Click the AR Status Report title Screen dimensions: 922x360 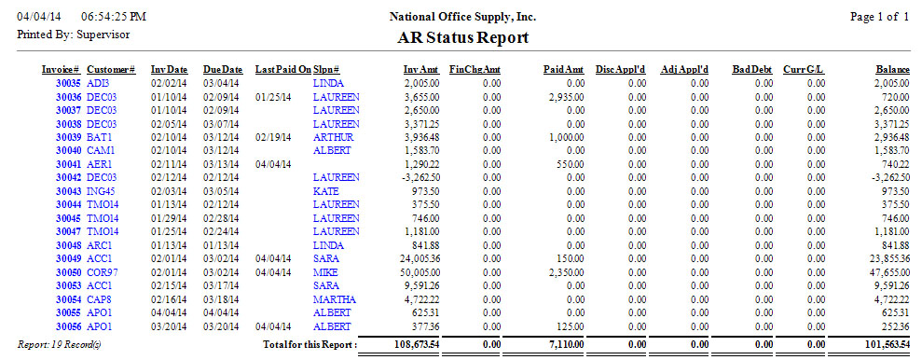(x=462, y=38)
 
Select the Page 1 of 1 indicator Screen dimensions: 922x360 (x=879, y=17)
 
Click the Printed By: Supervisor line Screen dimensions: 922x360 (x=74, y=35)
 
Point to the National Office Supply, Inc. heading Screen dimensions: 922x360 (x=462, y=17)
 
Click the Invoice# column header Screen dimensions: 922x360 (x=61, y=69)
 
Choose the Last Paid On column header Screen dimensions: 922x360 (x=282, y=69)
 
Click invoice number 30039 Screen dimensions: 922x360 (x=68, y=137)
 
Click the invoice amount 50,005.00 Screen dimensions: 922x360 (x=419, y=271)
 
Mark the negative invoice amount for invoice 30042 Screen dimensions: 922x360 (x=420, y=177)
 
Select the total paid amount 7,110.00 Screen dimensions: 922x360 (x=566, y=345)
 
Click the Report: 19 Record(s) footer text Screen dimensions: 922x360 (x=55, y=344)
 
